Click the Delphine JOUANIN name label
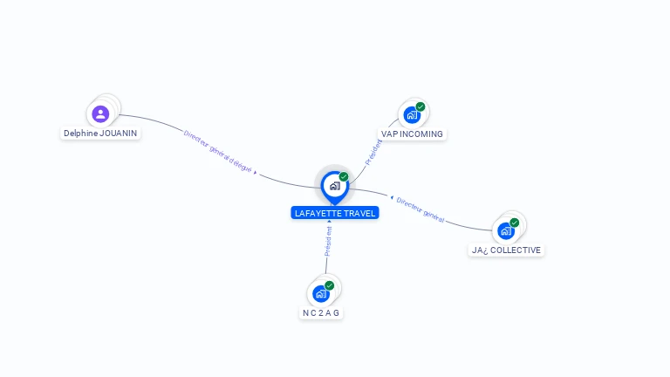pos(100,134)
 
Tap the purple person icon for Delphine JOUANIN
pos(100,113)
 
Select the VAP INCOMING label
pos(412,134)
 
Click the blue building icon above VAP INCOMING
pos(412,115)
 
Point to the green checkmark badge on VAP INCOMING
pos(420,106)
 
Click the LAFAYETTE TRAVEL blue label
pos(335,213)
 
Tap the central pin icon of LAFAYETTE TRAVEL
pos(334,185)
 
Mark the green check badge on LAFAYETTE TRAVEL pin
pos(344,176)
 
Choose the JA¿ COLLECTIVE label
pos(506,250)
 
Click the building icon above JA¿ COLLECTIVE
pos(505,231)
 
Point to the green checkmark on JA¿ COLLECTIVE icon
pos(515,223)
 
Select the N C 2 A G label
pos(321,313)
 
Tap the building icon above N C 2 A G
pos(320,294)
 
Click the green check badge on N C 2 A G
pos(330,285)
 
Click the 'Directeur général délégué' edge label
pos(218,151)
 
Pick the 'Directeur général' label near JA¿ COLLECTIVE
pos(420,209)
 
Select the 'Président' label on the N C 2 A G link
pos(328,242)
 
